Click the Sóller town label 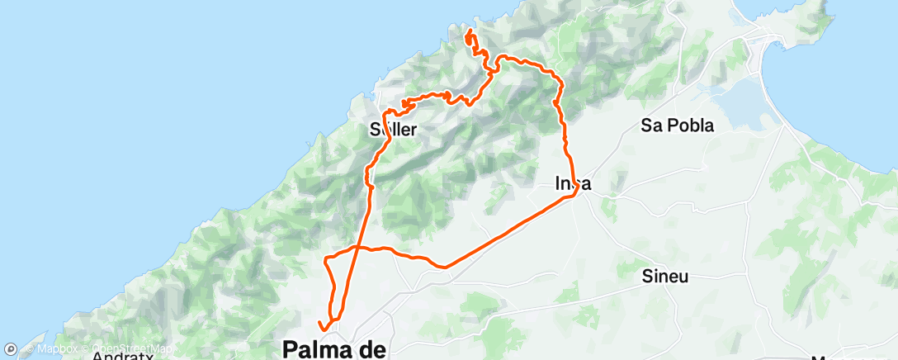393,129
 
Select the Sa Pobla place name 678,126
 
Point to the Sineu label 665,277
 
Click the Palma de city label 334,349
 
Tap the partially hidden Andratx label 124,356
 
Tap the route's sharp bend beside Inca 574,193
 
